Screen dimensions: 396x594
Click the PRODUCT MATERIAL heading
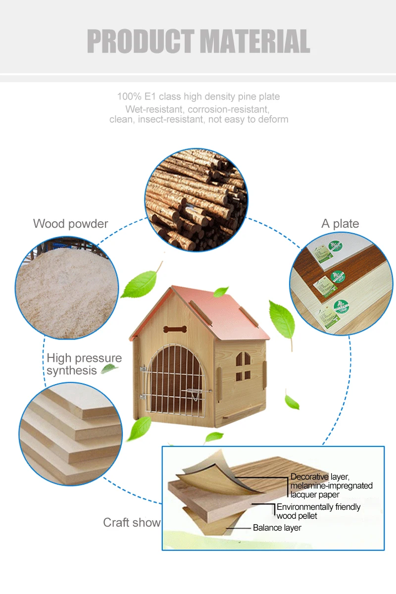point(198,42)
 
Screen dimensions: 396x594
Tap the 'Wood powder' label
point(70,224)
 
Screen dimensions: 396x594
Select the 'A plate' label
point(340,224)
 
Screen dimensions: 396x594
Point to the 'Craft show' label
point(132,523)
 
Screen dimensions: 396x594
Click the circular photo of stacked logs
point(196,199)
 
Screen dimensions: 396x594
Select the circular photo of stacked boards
point(70,435)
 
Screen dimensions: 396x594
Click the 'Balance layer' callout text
point(277,528)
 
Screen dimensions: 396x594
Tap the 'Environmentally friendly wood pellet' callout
point(318,511)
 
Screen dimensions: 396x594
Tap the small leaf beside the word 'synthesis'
point(109,369)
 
